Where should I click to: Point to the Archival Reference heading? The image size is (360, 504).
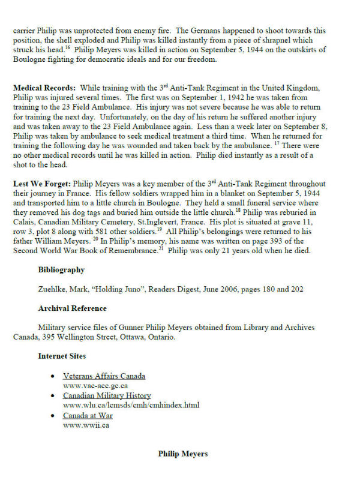click(72, 308)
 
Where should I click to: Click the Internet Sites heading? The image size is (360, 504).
click(62, 356)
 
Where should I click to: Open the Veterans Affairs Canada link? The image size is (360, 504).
click(104, 376)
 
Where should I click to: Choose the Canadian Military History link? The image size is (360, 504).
click(107, 396)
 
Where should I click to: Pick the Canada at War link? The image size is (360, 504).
click(88, 416)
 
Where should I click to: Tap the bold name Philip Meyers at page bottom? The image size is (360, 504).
click(183, 454)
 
